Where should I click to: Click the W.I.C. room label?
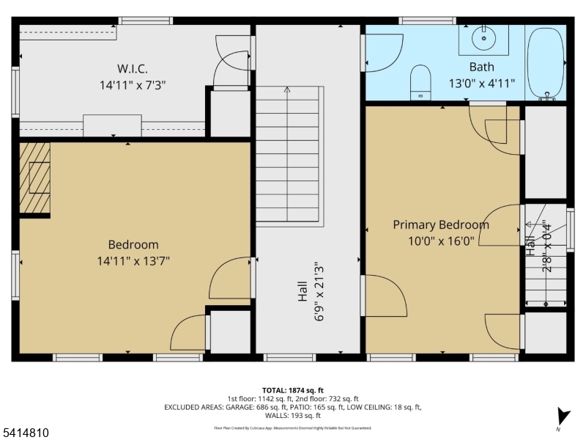[x=133, y=69]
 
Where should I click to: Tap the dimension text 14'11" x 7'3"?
[x=133, y=85]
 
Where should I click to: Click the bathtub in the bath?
[x=546, y=64]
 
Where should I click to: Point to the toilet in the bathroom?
[x=420, y=81]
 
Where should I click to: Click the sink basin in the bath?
[x=483, y=37]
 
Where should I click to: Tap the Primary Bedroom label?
[x=441, y=224]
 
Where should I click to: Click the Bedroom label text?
[x=133, y=244]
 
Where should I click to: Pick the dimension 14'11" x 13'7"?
[x=133, y=260]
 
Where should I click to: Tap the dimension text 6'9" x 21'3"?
[x=318, y=292]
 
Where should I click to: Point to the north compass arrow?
[x=562, y=416]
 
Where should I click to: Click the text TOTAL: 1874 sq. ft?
[x=292, y=390]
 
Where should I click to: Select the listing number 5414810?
[x=26, y=433]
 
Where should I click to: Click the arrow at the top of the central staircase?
[x=287, y=90]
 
